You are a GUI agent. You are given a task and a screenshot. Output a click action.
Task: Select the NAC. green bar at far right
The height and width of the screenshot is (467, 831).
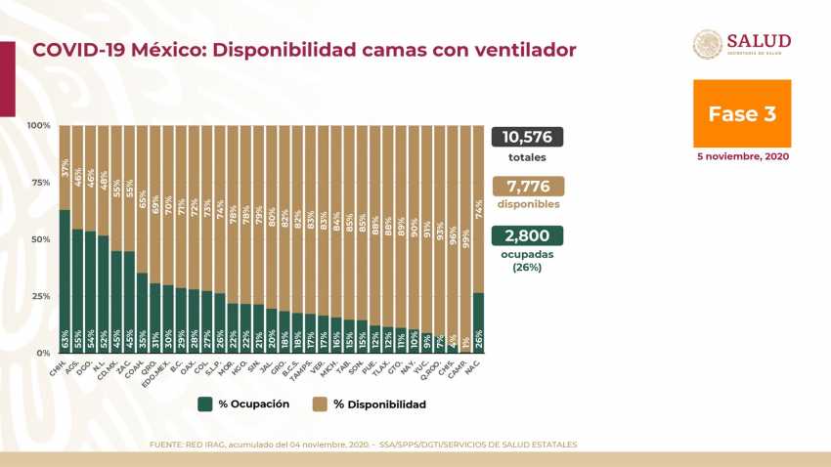(477, 322)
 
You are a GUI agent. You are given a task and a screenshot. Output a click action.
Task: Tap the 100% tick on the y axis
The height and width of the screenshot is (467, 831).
(39, 125)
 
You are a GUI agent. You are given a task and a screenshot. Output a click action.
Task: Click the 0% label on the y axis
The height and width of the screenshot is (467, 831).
(43, 353)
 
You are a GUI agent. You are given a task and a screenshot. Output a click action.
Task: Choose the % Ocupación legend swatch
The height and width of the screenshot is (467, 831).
(204, 403)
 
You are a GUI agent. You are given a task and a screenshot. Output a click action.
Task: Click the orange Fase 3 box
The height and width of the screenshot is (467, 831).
(742, 113)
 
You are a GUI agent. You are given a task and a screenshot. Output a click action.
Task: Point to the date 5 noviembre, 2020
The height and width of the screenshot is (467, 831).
(743, 156)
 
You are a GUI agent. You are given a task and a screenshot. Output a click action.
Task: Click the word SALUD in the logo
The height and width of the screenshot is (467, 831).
(759, 40)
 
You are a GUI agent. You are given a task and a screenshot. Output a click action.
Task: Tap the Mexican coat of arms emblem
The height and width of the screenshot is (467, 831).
(708, 44)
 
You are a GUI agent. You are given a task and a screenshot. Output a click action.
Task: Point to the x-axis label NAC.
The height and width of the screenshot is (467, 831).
(472, 364)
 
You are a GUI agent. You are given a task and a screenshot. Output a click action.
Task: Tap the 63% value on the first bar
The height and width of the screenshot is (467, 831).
(65, 340)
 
